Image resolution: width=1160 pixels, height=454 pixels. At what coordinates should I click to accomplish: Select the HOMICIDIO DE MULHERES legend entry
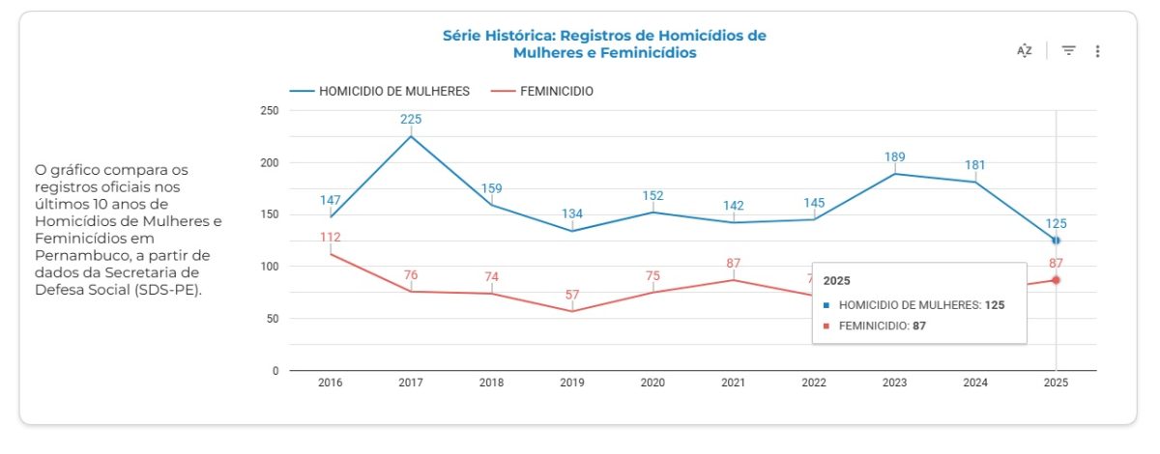coord(380,91)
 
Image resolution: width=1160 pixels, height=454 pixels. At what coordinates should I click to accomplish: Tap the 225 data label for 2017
coord(412,120)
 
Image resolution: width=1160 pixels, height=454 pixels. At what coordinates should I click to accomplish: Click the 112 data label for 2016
coord(331,238)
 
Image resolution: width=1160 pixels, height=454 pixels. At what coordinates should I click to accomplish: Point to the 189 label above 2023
coord(894,156)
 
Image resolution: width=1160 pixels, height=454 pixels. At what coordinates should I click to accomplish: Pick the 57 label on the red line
coord(572,295)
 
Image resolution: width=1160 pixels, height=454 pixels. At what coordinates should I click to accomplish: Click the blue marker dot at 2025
coord(1056,240)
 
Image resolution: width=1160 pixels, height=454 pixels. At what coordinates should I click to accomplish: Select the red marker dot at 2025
coord(1056,280)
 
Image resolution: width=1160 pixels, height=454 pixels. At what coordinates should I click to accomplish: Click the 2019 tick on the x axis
coord(572,383)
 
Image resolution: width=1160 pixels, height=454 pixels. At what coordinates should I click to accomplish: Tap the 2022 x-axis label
coord(814,383)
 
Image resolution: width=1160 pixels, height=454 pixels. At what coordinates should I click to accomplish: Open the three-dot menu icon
coord(1097,51)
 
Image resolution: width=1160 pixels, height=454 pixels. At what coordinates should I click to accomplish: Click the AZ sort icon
coord(1025,51)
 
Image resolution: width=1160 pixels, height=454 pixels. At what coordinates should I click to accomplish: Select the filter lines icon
coord(1068,51)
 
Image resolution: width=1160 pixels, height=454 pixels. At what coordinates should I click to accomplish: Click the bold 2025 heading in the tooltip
coord(836,280)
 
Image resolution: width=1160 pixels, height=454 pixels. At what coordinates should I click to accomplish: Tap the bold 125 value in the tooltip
coord(995,305)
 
